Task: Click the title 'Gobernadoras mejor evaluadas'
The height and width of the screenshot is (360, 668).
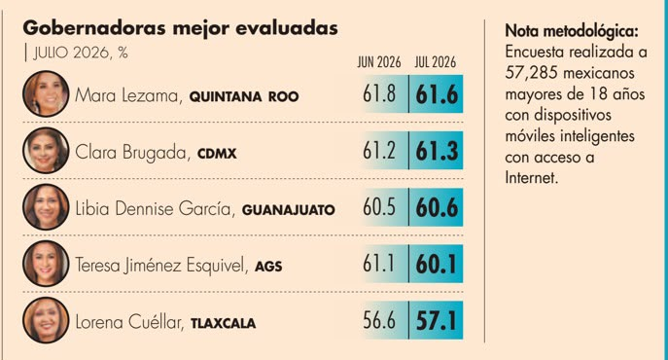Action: pos(180,28)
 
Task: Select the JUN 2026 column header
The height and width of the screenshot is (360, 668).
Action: pos(379,62)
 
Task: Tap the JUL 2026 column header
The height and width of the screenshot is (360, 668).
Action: pos(435,62)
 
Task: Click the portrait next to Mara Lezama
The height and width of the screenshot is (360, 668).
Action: pos(46,93)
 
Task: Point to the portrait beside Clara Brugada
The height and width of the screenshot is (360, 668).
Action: pos(46,151)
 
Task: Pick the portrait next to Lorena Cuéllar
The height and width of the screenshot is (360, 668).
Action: pos(46,320)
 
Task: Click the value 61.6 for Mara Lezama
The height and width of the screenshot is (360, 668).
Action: pos(437,94)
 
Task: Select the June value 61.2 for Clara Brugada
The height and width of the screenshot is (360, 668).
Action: pos(379,151)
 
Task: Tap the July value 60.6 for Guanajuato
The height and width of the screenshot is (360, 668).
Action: pos(437,207)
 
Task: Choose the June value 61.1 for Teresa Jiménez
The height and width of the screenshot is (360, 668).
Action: pos(378,264)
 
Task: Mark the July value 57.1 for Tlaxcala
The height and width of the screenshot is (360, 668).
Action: pos(436,321)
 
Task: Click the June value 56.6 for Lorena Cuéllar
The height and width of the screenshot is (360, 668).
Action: pos(379,320)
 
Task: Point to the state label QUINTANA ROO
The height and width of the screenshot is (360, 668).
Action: pos(244,97)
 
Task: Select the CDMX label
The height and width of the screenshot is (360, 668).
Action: pos(217,154)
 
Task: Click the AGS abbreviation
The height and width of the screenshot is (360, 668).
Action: pos(268,267)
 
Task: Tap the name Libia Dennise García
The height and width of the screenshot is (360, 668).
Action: pos(154,208)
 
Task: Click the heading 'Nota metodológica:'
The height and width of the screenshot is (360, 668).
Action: pos(572,31)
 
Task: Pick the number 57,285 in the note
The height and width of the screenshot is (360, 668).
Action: pos(531,73)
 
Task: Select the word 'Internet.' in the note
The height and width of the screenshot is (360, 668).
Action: pos(531,177)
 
